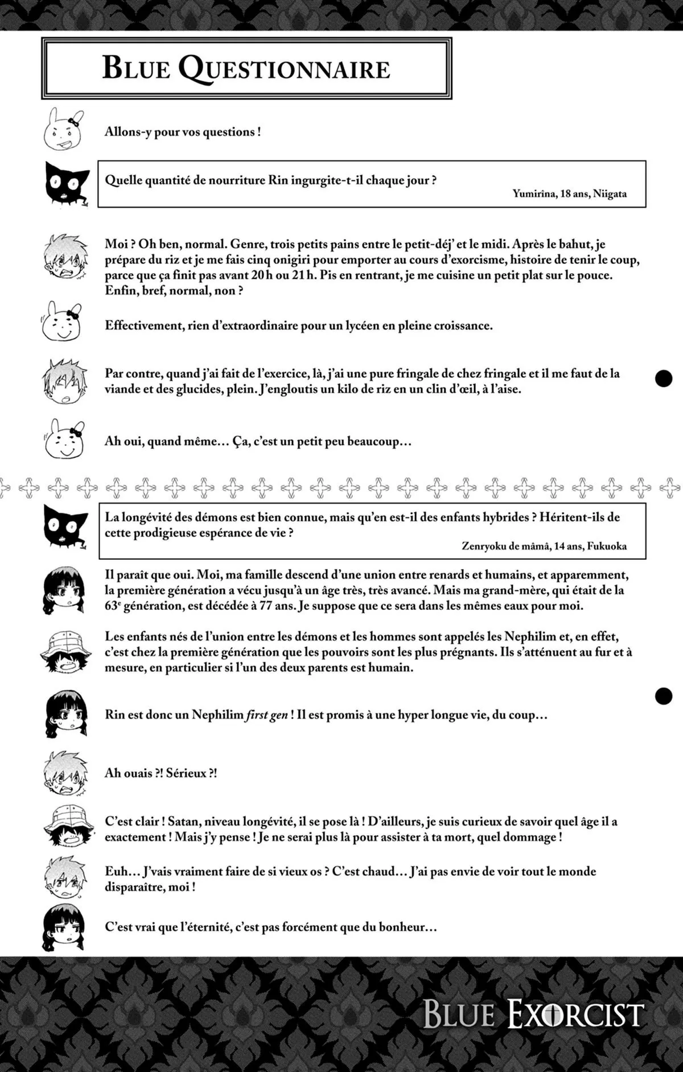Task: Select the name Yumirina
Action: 534,194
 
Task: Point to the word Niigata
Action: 610,194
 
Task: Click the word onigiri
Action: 319,260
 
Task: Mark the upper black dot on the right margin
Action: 664,378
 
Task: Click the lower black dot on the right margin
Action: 664,695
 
